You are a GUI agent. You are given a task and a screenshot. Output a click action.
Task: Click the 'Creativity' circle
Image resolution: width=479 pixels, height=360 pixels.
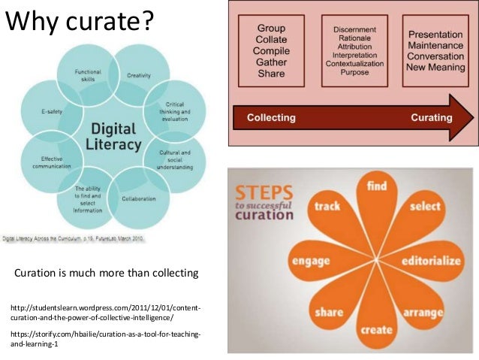click(138, 75)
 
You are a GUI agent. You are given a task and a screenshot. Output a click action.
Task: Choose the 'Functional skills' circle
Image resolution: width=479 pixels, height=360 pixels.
click(89, 75)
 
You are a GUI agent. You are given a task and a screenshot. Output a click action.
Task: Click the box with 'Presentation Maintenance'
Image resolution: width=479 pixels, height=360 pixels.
click(434, 49)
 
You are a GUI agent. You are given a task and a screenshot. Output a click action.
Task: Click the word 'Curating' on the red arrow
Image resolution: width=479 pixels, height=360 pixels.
click(431, 118)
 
